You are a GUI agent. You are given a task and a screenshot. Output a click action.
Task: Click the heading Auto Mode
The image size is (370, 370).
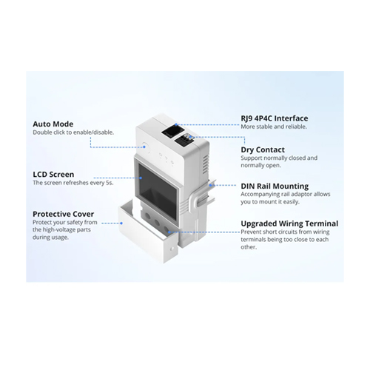(53, 124)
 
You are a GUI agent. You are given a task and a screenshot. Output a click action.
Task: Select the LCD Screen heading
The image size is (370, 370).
(53, 175)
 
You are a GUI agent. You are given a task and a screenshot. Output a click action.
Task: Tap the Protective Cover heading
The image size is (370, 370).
(64, 214)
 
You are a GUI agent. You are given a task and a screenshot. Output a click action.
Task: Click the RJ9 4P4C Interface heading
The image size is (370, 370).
(275, 118)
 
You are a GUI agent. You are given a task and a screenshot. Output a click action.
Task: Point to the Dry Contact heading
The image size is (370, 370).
(263, 149)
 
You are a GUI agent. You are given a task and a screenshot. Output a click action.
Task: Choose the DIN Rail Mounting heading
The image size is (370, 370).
(275, 186)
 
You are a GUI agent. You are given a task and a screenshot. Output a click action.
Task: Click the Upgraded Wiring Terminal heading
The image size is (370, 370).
(289, 223)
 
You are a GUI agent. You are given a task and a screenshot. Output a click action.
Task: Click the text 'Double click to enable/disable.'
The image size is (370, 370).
(73, 132)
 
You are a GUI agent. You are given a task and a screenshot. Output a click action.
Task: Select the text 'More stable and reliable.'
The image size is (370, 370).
(274, 127)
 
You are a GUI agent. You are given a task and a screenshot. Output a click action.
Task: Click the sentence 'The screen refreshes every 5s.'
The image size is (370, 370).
(73, 183)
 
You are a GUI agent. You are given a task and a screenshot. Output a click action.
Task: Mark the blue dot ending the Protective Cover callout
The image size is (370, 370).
(121, 223)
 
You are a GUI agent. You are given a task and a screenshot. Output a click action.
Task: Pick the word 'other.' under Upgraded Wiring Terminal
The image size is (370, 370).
(249, 247)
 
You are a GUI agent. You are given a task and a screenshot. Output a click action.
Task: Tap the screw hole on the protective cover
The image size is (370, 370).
(172, 248)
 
